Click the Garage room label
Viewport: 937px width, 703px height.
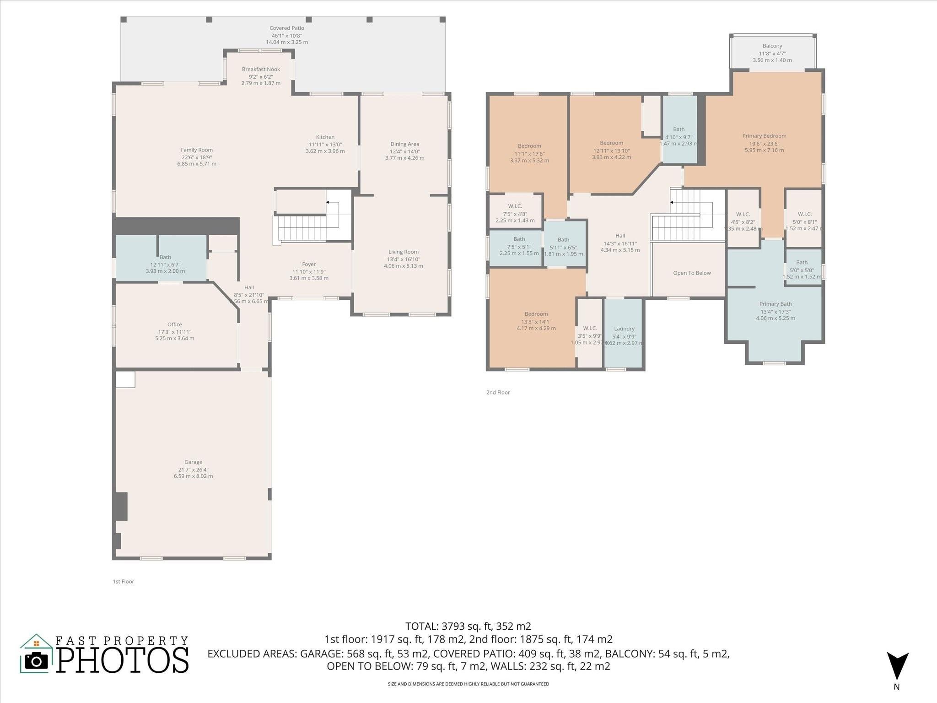[193, 462]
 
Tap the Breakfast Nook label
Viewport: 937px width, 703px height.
[261, 70]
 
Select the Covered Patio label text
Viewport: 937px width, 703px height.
[287, 28]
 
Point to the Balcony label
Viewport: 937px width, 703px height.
[772, 46]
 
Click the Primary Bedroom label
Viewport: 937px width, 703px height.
[764, 136]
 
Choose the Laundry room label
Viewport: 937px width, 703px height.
[624, 329]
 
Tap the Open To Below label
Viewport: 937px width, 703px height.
[692, 273]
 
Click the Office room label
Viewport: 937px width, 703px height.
[174, 324]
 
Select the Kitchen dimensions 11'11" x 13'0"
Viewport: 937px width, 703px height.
[325, 144]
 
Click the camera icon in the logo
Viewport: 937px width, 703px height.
[36, 660]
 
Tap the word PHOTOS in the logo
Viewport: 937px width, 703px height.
[123, 660]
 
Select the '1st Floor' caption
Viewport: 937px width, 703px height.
[124, 582]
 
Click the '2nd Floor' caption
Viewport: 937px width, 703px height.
[498, 393]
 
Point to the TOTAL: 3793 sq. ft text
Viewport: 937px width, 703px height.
[468, 626]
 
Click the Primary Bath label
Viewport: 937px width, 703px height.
[775, 304]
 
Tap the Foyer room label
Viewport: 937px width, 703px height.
[309, 265]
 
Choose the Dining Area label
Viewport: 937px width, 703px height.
[404, 144]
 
